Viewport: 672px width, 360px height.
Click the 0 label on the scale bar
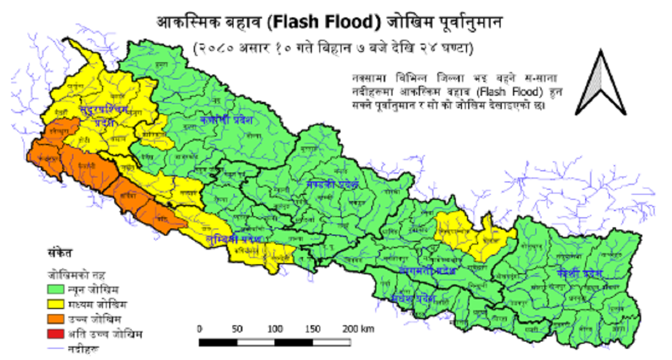coord(200,328)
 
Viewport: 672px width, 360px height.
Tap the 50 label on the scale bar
coord(237,328)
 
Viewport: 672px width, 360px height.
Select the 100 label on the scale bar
coord(276,328)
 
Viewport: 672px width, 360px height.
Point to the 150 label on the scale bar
coord(314,328)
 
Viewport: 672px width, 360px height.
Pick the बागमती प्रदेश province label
coord(427,270)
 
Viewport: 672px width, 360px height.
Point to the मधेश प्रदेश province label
coord(414,298)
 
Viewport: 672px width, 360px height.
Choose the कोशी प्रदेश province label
coord(580,274)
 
